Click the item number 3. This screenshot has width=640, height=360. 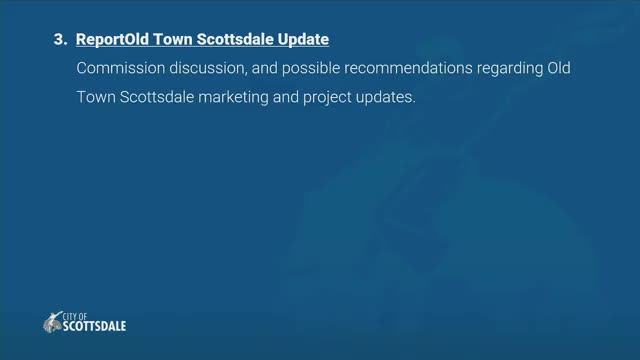pos(60,40)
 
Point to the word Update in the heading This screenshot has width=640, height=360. pos(303,40)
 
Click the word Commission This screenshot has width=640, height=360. pos(120,68)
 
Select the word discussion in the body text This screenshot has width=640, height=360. pos(208,68)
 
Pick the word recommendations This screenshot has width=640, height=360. pos(408,68)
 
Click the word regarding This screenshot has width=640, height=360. pos(510,69)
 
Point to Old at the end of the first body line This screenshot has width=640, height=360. pos(559,68)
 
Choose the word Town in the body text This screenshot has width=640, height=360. pos(96,97)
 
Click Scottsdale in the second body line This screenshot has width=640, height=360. pos(157,97)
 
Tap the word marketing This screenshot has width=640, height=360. pos(233,98)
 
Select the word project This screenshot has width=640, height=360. pos(327,98)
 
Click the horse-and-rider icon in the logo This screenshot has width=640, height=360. pos(53,322)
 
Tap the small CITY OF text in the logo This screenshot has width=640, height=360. pos(75,316)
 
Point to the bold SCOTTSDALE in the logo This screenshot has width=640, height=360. pos(94,326)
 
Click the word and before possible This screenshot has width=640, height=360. pos(264,68)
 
